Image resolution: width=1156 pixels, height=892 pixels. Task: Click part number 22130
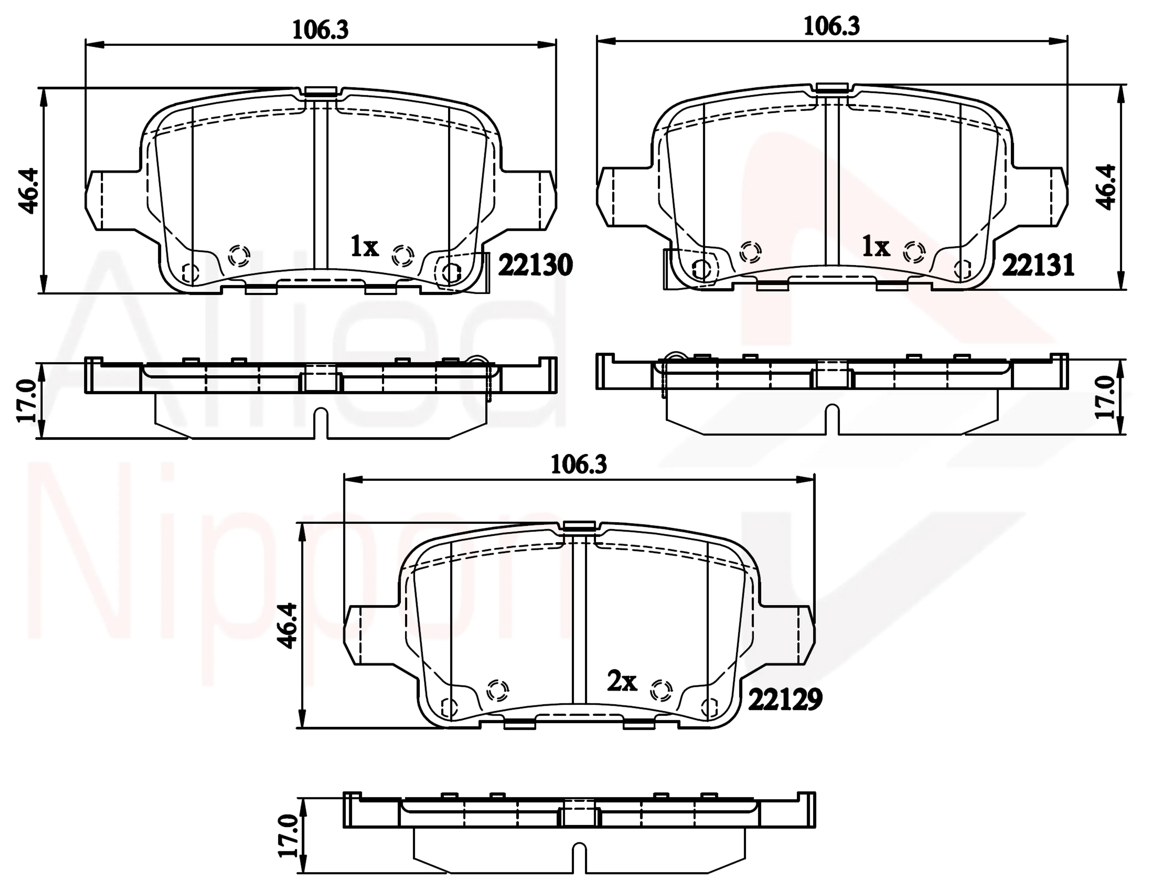(535, 265)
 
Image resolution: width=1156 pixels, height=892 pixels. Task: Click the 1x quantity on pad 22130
(365, 247)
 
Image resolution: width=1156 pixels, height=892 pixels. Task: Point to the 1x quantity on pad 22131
(876, 247)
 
